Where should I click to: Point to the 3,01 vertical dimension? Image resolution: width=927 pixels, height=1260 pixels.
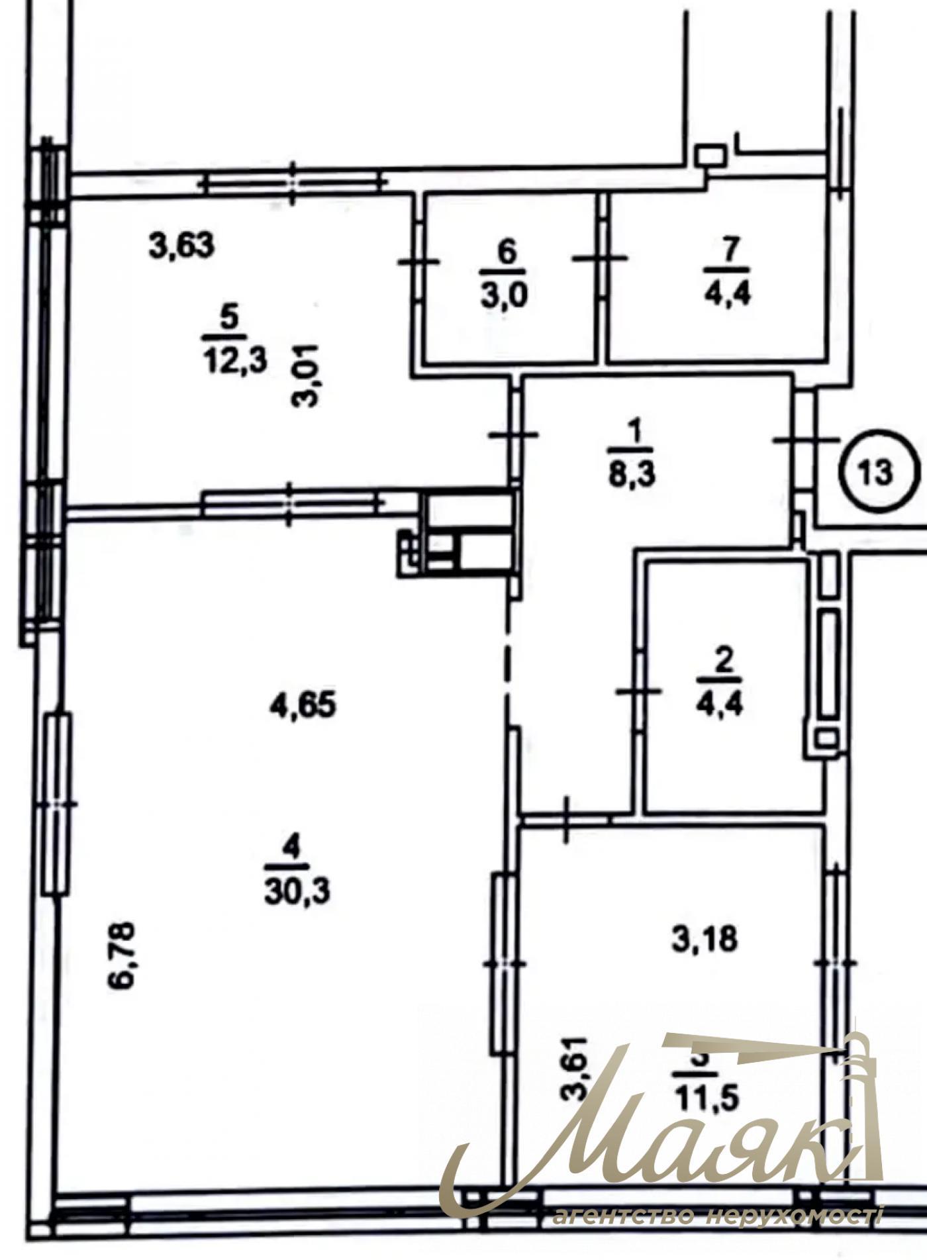308,375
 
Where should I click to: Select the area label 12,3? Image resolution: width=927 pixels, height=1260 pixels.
235,361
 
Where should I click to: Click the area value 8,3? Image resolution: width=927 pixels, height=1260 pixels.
632,474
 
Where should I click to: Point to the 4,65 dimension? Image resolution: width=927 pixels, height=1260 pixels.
303,704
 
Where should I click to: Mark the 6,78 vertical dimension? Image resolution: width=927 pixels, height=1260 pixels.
122,955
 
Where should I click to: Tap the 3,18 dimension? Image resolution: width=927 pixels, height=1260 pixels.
705,938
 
